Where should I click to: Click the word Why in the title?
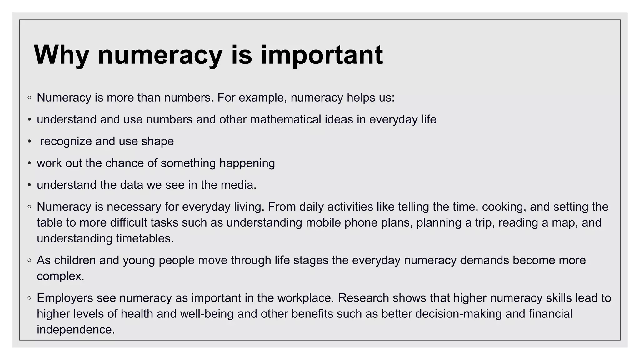click(61, 55)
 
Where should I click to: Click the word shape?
click(157, 142)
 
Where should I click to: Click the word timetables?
click(145, 239)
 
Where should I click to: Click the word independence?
click(76, 330)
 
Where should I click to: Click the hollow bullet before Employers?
click(29, 298)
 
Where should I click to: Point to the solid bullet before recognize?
click(29, 142)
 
